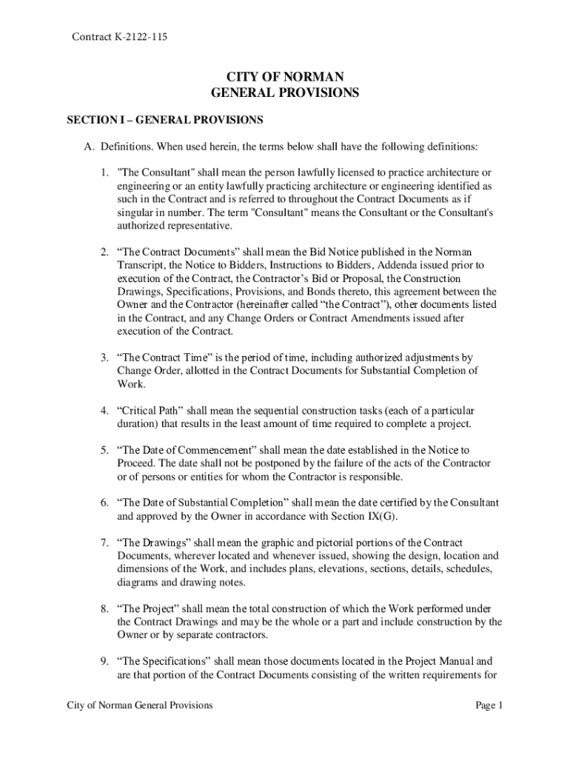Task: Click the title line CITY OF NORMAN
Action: (x=284, y=77)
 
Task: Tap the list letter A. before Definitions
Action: (x=89, y=146)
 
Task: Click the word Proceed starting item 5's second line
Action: (x=135, y=463)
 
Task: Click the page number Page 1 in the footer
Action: (x=489, y=705)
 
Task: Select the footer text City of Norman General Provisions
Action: (x=140, y=705)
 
